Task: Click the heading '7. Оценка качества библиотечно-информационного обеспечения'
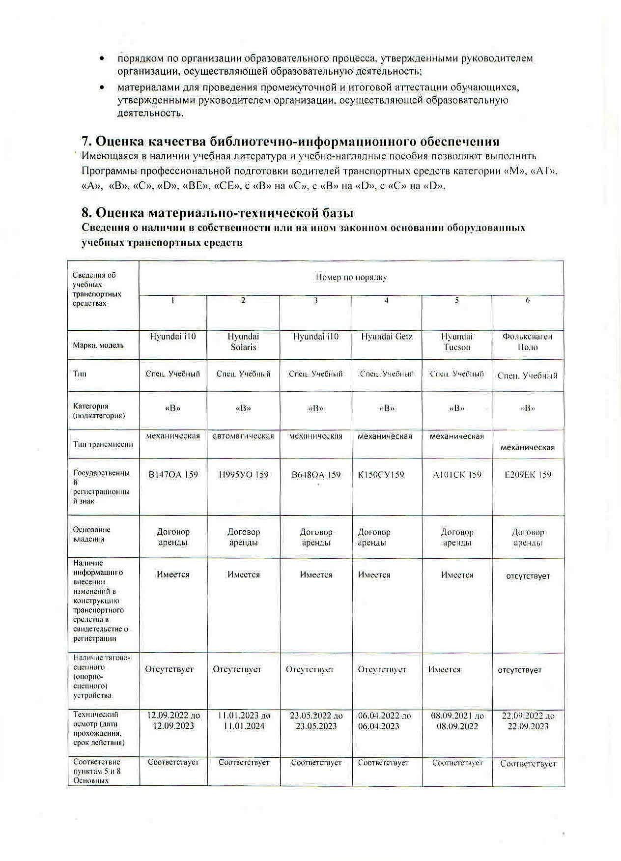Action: tap(290, 142)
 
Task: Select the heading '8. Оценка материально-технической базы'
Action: tap(217, 213)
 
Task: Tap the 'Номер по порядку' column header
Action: tap(351, 278)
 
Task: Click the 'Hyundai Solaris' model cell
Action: tap(243, 342)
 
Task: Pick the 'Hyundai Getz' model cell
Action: tap(387, 337)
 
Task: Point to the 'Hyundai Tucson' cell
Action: tap(456, 342)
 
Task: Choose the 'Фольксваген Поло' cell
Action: tap(527, 342)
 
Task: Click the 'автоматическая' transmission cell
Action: tap(243, 436)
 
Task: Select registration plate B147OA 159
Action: tap(173, 475)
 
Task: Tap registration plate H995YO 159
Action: tap(243, 475)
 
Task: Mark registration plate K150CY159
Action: tap(381, 475)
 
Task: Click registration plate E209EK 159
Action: tap(528, 475)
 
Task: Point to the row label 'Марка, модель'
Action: tap(98, 345)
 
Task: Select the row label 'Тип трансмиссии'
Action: tap(103, 444)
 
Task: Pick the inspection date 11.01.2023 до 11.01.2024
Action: tap(243, 721)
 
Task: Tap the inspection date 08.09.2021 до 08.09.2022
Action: tap(457, 721)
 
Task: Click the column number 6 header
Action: tap(528, 300)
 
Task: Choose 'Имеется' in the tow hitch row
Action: tap(444, 669)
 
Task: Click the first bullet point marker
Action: tap(102, 58)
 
